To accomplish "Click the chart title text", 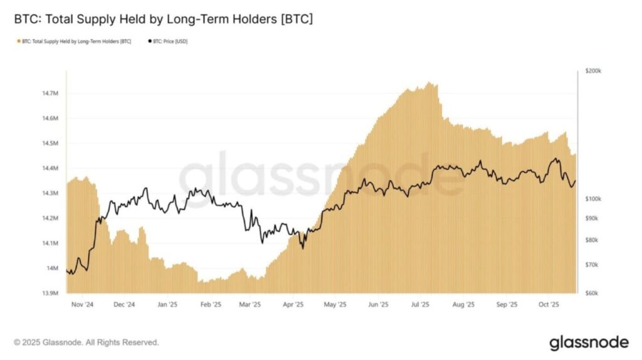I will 163,19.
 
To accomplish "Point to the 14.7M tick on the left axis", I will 51,93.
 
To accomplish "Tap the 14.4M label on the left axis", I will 51,168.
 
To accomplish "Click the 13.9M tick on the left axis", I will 51,293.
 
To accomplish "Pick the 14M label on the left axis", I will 53,268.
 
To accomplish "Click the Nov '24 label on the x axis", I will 82,305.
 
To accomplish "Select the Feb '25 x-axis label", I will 210,305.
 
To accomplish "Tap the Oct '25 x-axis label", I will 549,305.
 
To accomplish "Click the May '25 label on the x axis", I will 335,305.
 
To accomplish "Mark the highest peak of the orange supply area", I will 429,83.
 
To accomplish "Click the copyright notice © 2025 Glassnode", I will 87,342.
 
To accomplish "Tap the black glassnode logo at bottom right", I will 589,342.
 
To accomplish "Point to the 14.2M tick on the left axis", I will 51,218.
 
